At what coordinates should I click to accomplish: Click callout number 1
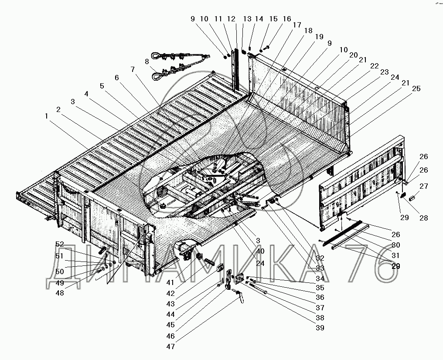coord(46,116)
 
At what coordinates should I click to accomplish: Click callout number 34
coord(320,278)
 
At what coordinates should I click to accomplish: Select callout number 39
coord(320,328)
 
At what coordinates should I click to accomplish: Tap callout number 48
coord(59,293)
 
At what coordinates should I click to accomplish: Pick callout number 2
coord(59,110)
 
